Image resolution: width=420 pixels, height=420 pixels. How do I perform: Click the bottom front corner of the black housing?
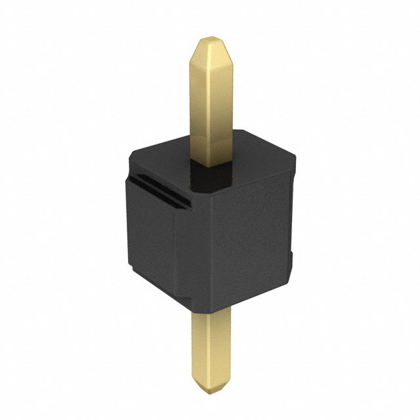coord(197,308)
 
